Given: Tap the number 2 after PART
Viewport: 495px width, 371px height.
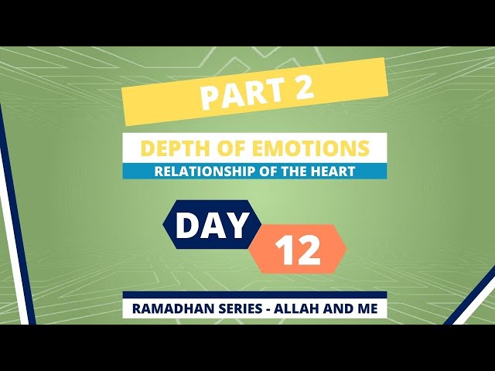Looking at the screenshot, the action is (302, 87).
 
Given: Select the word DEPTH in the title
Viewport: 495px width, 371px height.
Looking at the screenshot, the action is (172, 148).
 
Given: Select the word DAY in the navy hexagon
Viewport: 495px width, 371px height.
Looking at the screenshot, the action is (211, 225).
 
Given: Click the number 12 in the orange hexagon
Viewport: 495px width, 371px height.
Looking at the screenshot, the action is (298, 250).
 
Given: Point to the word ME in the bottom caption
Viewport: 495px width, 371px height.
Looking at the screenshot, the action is (367, 308).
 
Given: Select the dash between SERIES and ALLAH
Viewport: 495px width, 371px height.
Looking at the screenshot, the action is (268, 309).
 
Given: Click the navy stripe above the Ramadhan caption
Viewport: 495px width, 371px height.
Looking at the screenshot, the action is (254, 294).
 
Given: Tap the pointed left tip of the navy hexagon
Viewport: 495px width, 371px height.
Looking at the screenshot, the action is (163, 224).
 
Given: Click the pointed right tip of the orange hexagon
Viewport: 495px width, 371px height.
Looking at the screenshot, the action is (346, 249).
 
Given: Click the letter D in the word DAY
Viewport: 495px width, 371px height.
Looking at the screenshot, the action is (187, 225).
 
